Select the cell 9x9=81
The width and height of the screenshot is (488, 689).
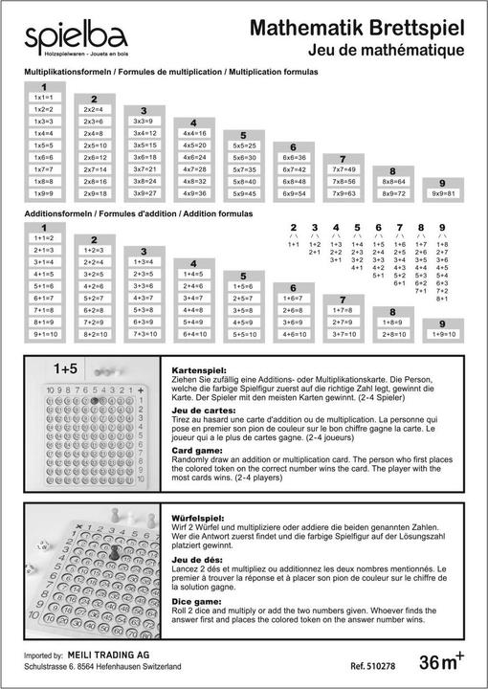click(x=442, y=193)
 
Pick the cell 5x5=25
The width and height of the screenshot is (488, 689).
click(x=244, y=145)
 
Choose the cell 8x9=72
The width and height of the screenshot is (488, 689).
click(x=393, y=193)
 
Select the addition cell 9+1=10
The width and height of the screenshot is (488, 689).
click(x=43, y=334)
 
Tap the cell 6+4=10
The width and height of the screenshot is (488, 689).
click(x=193, y=334)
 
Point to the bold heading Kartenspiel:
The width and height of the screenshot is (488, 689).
click(x=198, y=369)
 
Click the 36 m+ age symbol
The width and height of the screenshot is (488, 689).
click(x=442, y=660)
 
